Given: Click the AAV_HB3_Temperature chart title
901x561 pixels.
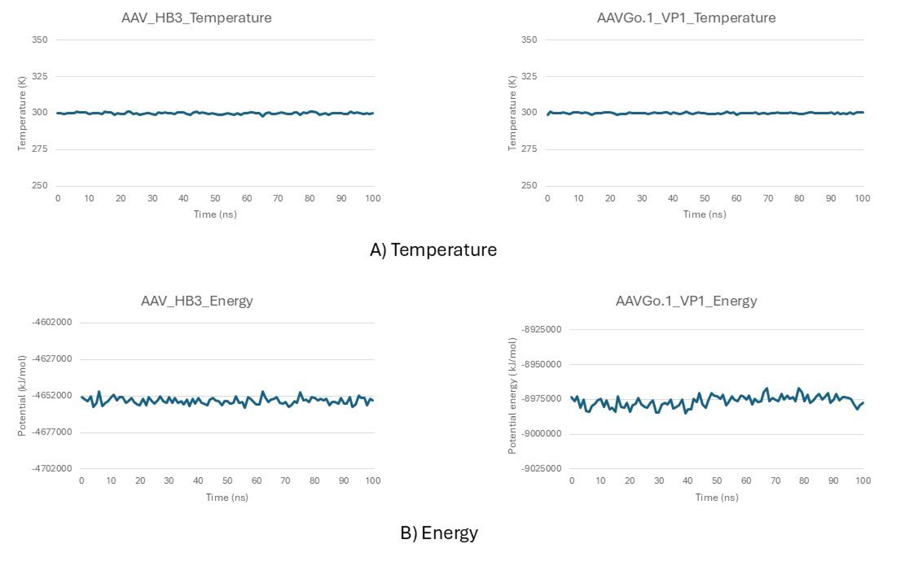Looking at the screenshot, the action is [x=196, y=18].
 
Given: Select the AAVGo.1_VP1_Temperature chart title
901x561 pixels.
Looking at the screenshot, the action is [x=686, y=18].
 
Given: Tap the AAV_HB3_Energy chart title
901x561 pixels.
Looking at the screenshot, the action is [x=197, y=300].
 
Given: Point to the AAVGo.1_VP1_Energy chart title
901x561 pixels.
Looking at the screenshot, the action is [x=686, y=300].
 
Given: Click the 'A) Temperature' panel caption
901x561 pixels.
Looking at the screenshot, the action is [x=434, y=249].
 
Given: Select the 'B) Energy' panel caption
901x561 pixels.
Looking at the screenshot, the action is [x=439, y=533].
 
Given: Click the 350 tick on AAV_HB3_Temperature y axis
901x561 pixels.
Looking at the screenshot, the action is [x=40, y=40].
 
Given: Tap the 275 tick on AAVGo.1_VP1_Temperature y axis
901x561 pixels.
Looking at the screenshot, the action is [x=529, y=149].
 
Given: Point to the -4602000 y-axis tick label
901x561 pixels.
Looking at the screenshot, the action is [x=52, y=322].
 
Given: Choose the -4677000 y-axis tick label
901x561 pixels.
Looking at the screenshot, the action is [x=52, y=432].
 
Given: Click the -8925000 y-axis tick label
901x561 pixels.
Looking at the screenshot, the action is [x=541, y=330].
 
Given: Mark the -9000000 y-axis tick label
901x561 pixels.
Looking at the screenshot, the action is [x=541, y=434].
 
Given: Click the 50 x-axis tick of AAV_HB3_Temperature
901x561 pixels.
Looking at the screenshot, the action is [x=215, y=198].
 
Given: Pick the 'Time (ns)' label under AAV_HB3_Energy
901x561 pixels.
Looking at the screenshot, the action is [x=227, y=497].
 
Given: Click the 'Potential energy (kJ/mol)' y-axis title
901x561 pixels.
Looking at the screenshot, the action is [x=512, y=396].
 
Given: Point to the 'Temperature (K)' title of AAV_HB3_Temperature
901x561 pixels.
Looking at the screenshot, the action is [x=22, y=113].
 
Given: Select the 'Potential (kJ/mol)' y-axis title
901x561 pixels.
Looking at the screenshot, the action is [x=22, y=396].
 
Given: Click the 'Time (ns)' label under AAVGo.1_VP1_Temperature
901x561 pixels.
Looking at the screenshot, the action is [x=705, y=215].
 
